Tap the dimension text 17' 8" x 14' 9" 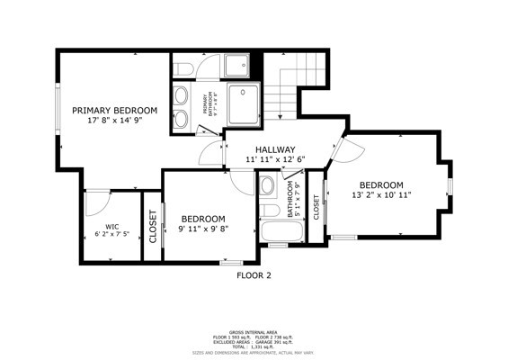coord(122,120)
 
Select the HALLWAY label coord(274,149)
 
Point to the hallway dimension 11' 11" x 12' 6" coord(274,159)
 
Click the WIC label coord(111,227)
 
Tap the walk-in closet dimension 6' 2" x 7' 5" coord(111,235)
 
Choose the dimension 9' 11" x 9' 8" coord(202,229)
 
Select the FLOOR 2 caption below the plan coord(254,275)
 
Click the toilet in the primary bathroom coord(182,68)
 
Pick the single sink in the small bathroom coord(267,187)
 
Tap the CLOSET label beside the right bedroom coord(316,207)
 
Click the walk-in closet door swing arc coord(96,202)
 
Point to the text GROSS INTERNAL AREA coord(254,331)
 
